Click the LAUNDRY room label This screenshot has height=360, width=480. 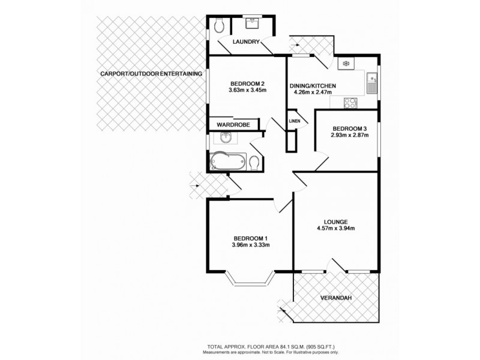[247, 42]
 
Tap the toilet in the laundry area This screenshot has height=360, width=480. [218, 25]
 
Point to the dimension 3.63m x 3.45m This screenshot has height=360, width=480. [247, 90]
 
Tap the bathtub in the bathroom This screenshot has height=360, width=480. [227, 161]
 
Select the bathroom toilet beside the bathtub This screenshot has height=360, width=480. [254, 162]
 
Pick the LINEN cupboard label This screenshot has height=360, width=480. [294, 121]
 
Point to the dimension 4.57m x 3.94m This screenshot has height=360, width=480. [336, 229]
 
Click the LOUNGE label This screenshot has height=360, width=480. [336, 221]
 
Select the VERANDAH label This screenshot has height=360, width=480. [336, 297]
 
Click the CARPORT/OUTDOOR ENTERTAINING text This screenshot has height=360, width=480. [151, 73]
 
